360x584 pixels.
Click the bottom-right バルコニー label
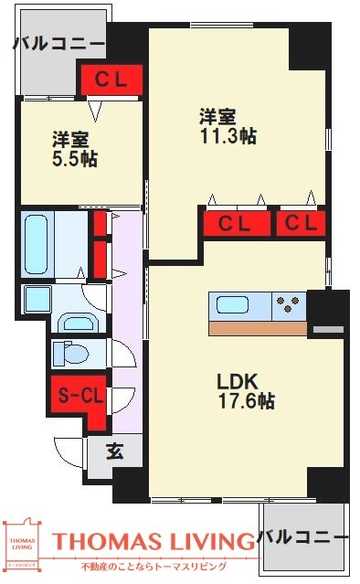click(302, 536)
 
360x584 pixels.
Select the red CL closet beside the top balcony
click(111, 80)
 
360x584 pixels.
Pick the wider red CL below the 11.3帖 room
click(234, 222)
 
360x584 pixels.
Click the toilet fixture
click(71, 352)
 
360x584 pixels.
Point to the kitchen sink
click(228, 305)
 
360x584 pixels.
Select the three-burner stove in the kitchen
click(291, 305)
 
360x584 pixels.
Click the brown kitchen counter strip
click(257, 328)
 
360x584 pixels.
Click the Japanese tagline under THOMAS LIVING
click(154, 568)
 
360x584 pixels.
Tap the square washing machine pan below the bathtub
click(37, 299)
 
